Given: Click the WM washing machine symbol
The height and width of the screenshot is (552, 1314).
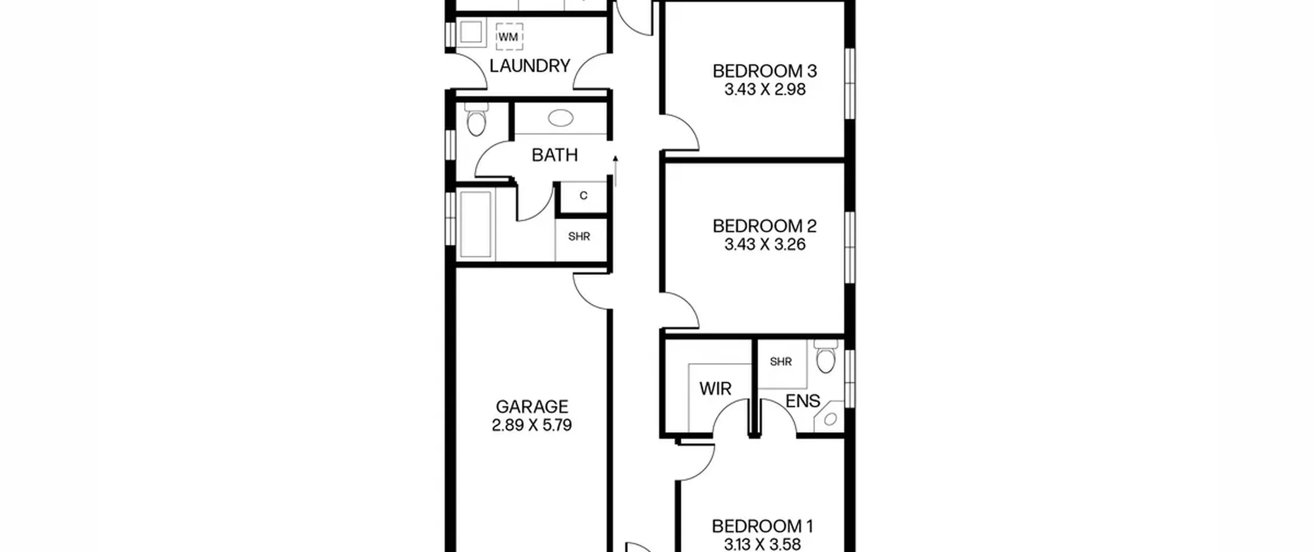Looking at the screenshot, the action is (x=509, y=37).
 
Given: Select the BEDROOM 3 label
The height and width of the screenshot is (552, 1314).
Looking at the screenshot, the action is (x=765, y=71).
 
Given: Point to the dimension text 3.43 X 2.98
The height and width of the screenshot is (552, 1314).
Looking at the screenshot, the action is (x=765, y=89).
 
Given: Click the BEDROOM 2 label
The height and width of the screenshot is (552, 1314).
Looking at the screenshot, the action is (x=765, y=226).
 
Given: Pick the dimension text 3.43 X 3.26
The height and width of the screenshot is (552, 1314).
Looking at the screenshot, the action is (x=765, y=244).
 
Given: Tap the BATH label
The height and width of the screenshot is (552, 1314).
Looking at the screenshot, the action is (x=555, y=155).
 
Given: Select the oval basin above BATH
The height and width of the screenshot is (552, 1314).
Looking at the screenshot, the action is (x=561, y=118).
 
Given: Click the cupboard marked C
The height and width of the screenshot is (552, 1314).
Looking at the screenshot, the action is (x=583, y=196).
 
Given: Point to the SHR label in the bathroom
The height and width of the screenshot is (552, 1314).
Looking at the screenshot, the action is (x=579, y=237).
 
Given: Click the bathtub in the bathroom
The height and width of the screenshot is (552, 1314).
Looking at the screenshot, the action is (x=475, y=224).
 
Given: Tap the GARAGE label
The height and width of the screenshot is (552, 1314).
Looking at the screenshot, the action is (x=532, y=407).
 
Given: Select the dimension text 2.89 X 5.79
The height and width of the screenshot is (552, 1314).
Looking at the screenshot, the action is (x=532, y=425).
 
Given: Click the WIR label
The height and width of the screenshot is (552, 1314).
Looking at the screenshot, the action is (x=715, y=389).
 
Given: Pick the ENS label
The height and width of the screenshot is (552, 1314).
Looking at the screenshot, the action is (x=803, y=401).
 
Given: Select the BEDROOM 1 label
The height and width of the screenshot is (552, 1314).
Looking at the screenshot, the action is (x=762, y=526).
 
